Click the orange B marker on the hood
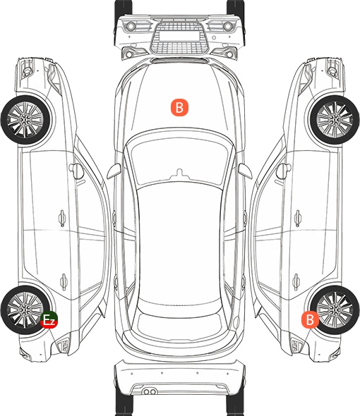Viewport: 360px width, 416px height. (x=179, y=107)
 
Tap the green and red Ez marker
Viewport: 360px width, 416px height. (x=49, y=319)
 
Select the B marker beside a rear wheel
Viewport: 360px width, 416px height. (x=310, y=319)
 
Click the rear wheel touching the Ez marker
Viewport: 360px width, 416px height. (x=25, y=310)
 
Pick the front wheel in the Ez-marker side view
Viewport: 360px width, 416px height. (x=25, y=120)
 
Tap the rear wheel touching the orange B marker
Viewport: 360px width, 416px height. (x=335, y=310)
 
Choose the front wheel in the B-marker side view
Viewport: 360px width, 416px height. (x=335, y=120)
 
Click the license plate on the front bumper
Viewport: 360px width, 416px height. (x=179, y=35)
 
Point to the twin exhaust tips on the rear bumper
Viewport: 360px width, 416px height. (x=150, y=391)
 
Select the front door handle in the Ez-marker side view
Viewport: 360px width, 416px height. (x=62, y=218)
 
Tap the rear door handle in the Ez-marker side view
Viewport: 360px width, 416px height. (x=64, y=281)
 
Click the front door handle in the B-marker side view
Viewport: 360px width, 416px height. (x=298, y=218)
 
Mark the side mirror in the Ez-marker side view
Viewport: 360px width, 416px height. (x=76, y=171)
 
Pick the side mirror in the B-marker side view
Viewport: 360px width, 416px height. (x=284, y=171)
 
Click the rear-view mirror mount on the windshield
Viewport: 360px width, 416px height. (x=179, y=173)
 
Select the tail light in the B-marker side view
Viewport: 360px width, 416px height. (x=297, y=345)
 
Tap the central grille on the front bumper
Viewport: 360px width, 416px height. (x=179, y=38)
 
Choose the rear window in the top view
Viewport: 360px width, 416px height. (x=179, y=324)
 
